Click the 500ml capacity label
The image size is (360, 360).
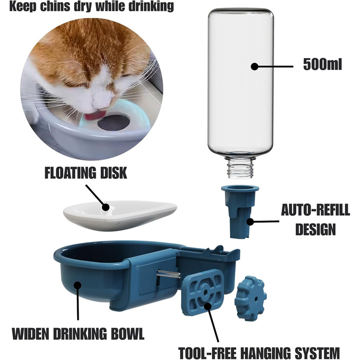coord(322,64)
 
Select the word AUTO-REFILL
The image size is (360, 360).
coord(315,210)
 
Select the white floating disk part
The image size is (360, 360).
coord(120,215)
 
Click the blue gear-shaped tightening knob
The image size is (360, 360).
coord(250,298)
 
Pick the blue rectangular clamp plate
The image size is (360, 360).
coord(203,293)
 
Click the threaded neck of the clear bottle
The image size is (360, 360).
coord(240,168)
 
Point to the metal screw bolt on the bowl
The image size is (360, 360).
coord(169,274)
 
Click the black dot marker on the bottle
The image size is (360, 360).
coord(255,66)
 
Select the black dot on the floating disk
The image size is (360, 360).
coord(105,207)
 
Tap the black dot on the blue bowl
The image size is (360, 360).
coord(78,285)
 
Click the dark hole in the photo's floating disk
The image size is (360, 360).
coord(114,122)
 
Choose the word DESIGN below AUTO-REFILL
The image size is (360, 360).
coord(316,229)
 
